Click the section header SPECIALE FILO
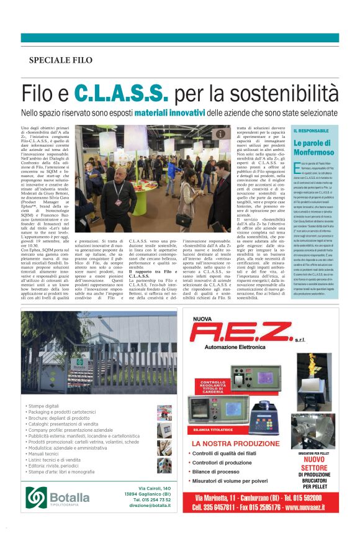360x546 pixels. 61,60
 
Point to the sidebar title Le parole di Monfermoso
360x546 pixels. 315,147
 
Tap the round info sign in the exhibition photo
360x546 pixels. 222,134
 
